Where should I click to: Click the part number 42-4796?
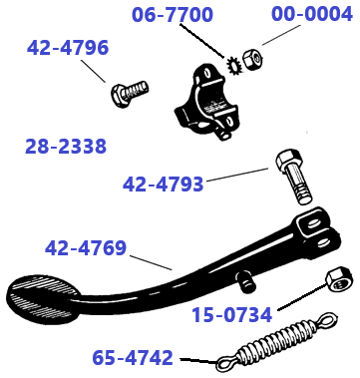click(67, 48)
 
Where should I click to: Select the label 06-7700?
click(173, 16)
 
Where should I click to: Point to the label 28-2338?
click(65, 147)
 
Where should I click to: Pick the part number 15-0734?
click(231, 314)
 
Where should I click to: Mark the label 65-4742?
click(133, 356)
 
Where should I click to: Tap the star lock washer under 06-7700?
click(236, 67)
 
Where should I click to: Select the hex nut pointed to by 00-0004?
click(253, 59)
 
